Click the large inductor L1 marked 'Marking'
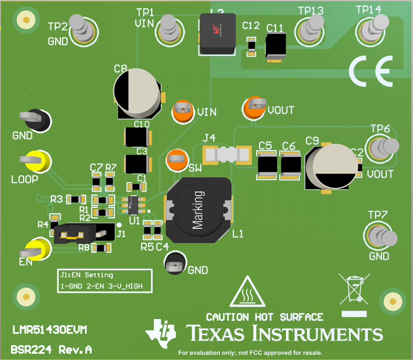pyautogui.click(x=198, y=210)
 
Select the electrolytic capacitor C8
pyautogui.click(x=137, y=93)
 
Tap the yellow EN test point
pyautogui.click(x=38, y=249)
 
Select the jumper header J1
pyautogui.click(x=84, y=231)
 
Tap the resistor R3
pyautogui.click(x=76, y=199)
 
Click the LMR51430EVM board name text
pyautogui.click(x=50, y=330)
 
